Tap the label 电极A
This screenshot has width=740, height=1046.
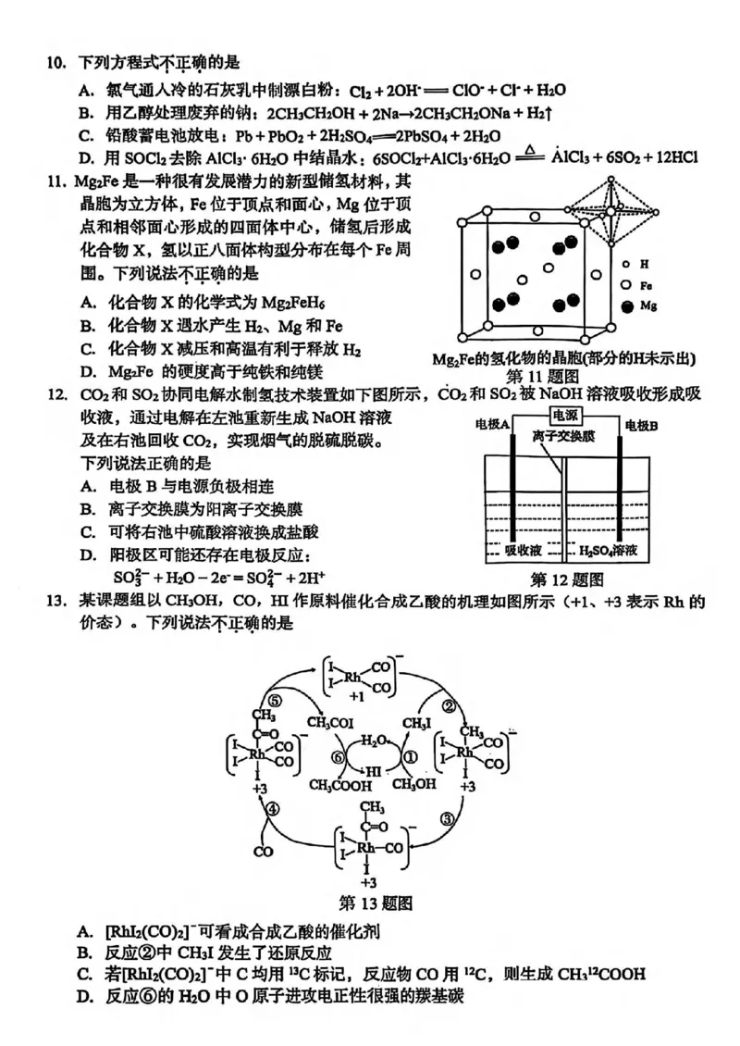pyautogui.click(x=494, y=425)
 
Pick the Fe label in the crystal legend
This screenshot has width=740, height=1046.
pyautogui.click(x=647, y=285)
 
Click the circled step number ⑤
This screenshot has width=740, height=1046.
pyautogui.click(x=274, y=702)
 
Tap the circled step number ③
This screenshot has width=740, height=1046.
pyautogui.click(x=447, y=818)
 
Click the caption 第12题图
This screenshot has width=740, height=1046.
pyautogui.click(x=567, y=580)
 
